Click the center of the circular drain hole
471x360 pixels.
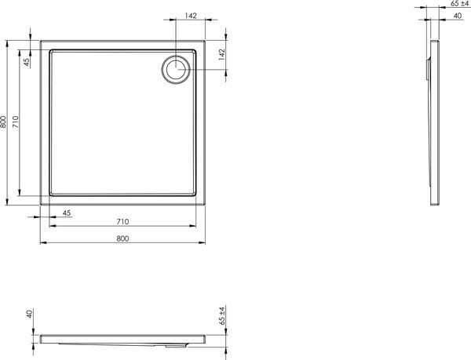176,69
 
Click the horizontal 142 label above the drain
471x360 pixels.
191,16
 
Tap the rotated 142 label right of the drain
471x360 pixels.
221,55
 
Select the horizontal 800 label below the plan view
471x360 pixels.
122,238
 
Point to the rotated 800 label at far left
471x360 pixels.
3,122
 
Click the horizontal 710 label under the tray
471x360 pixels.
122,222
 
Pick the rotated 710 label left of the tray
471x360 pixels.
16,122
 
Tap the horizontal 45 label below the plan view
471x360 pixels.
67,213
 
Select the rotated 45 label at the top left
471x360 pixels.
27,62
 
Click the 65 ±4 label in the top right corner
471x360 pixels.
459,4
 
